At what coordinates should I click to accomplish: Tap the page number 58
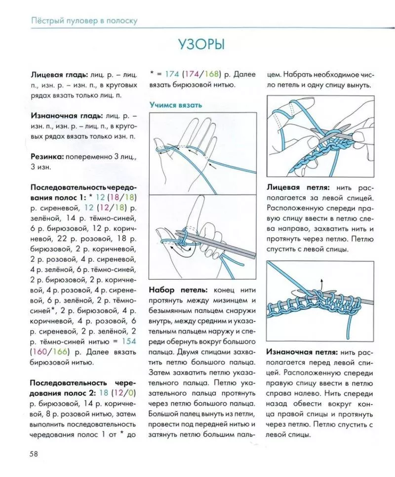(36, 452)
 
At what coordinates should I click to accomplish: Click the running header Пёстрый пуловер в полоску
(84, 21)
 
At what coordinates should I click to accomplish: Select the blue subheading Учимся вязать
(175, 105)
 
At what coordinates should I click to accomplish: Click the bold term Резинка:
(47, 156)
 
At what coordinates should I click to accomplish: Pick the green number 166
(63, 352)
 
